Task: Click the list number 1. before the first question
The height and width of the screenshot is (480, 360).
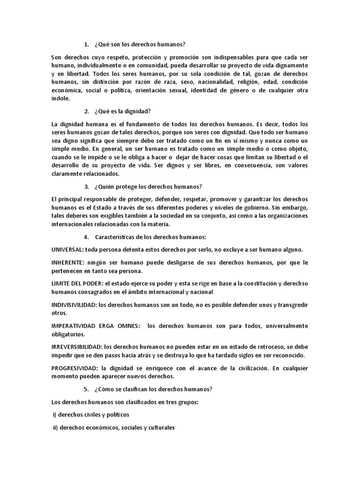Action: coord(86,45)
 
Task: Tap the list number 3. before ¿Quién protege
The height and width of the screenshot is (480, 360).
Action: coord(86,187)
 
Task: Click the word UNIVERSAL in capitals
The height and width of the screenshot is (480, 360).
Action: coord(67,249)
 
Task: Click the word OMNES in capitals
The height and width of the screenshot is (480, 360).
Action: coord(126,326)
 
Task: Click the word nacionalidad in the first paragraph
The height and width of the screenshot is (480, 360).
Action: coord(201,82)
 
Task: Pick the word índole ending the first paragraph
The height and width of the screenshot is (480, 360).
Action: coord(60,98)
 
